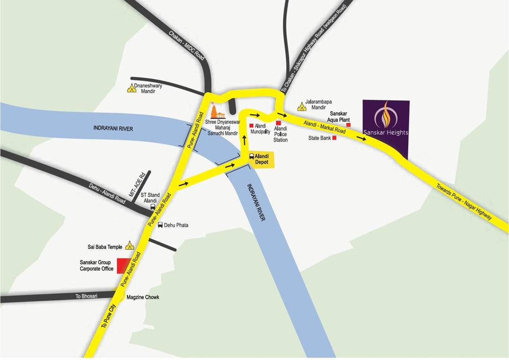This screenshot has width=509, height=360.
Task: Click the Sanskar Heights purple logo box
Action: point(386,129)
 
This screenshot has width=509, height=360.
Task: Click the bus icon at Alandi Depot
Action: point(252,157)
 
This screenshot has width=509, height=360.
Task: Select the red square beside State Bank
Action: point(335,138)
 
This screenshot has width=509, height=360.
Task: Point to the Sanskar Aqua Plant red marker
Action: point(348,125)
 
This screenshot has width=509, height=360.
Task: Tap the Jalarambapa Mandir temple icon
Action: point(302,107)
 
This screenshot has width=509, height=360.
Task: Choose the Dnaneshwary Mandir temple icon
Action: point(131,88)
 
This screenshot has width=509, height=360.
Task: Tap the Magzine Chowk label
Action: point(143,298)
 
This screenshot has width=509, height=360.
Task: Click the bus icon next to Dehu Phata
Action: point(160,225)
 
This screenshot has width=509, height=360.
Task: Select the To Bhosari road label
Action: point(87,296)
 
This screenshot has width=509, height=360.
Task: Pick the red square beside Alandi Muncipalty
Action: point(251,126)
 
